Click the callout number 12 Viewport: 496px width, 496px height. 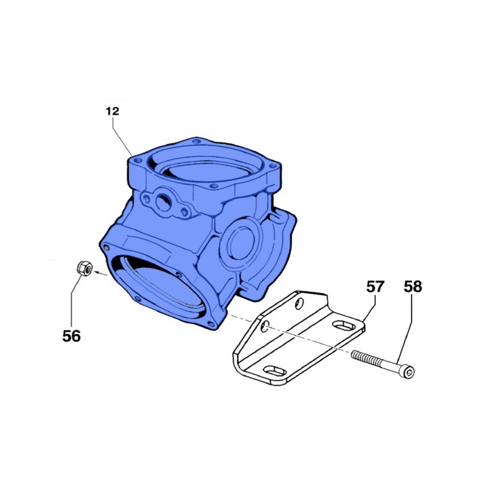pos(112,112)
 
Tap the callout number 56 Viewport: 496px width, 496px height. pos(71,335)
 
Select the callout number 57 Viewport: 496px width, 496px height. pos(375,286)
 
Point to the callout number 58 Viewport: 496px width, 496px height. pos(412,286)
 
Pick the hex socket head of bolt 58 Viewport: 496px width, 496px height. pos(410,372)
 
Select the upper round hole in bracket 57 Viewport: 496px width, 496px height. pos(300,302)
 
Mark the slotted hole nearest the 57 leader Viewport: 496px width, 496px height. pos(342,324)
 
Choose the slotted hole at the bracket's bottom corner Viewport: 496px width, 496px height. pos(273,371)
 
